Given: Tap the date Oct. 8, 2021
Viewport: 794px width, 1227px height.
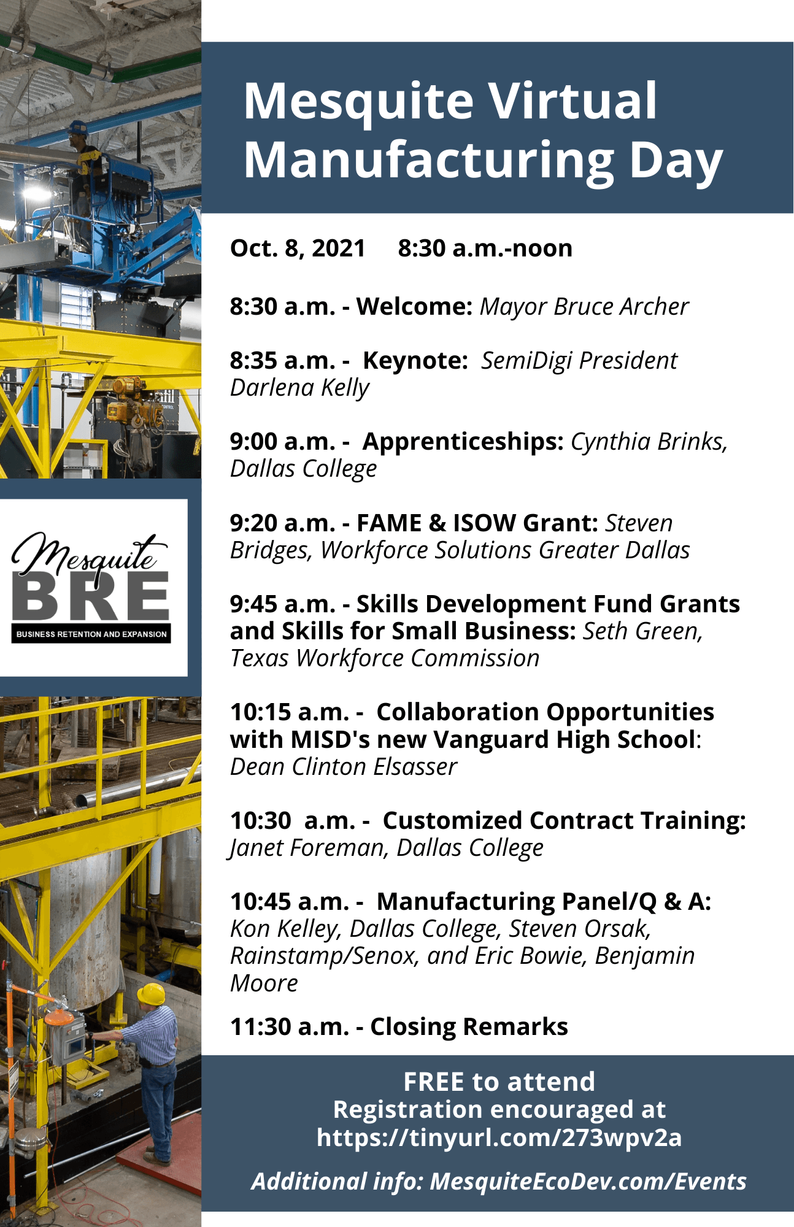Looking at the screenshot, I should (298, 248).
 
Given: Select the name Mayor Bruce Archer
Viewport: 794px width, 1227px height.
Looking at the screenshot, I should (584, 307).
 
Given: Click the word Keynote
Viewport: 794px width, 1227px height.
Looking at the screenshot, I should (415, 361).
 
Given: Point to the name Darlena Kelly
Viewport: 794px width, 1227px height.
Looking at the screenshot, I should (299, 388).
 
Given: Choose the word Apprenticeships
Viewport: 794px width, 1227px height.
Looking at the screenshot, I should (463, 442).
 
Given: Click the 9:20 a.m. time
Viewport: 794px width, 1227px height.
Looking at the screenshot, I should (282, 523).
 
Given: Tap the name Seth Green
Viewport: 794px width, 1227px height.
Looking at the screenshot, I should (642, 631).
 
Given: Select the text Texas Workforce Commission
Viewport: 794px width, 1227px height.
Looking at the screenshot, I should (385, 658).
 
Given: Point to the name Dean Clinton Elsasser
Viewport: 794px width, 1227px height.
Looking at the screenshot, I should (344, 767).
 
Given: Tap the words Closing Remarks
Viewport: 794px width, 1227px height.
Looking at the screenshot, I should (469, 1027).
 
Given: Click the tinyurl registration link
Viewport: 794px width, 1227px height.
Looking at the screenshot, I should (499, 1137).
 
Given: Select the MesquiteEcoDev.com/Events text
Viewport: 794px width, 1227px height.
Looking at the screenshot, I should (588, 1182).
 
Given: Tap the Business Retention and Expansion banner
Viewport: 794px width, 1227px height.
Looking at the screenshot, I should (91, 634).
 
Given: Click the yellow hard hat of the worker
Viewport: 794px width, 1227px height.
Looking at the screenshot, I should (151, 993).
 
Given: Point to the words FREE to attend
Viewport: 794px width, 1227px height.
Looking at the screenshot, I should (499, 1082).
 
